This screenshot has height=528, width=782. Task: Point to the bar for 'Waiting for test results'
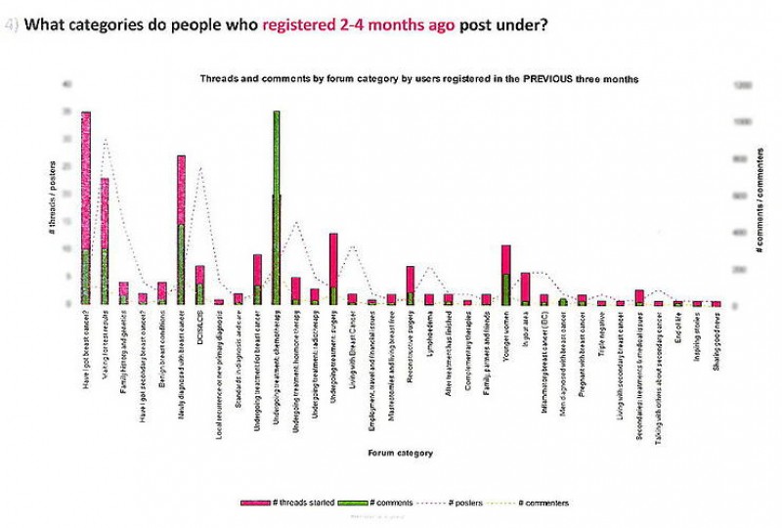(x=105, y=241)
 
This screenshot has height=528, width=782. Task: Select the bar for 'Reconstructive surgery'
(x=411, y=285)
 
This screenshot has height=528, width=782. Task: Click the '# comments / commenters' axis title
(x=759, y=209)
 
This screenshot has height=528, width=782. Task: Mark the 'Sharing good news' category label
(x=717, y=337)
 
